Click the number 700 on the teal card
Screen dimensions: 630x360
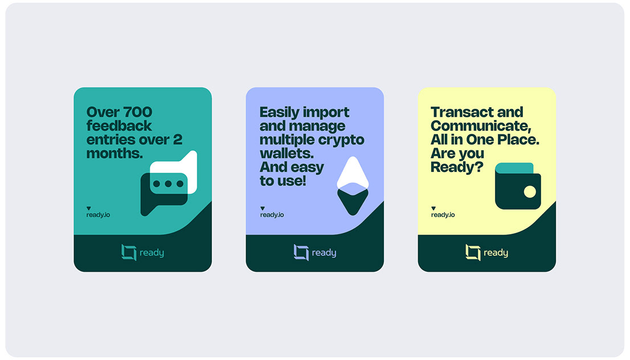pyautogui.click(x=137, y=112)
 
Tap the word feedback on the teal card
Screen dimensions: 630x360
pyautogui.click(x=119, y=126)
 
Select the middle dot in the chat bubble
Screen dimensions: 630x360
pyautogui.click(x=169, y=183)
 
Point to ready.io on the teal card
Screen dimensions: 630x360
pyautogui.click(x=98, y=215)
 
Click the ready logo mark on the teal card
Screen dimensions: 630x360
pyautogui.click(x=129, y=253)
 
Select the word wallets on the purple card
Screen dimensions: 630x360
pyautogui.click(x=287, y=153)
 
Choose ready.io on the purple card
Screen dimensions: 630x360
pyautogui.click(x=272, y=215)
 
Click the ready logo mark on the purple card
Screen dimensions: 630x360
pyautogui.click(x=301, y=253)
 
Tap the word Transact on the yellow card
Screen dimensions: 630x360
pyautogui.click(x=457, y=112)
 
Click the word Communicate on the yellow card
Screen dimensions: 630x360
pyautogui.click(x=481, y=126)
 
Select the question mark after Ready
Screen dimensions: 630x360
pyautogui.click(x=479, y=167)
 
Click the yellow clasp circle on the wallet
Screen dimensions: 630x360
pyautogui.click(x=530, y=191)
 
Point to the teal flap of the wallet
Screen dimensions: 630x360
pyautogui.click(x=514, y=168)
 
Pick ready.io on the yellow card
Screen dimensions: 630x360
pyautogui.click(x=443, y=215)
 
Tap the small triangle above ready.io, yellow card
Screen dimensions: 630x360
pyautogui.click(x=433, y=208)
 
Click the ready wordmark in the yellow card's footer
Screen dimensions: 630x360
pyautogui.click(x=496, y=253)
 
